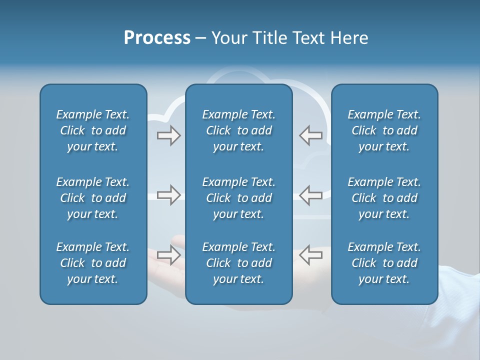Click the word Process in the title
(x=157, y=38)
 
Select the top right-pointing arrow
(x=169, y=135)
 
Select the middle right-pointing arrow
(x=169, y=195)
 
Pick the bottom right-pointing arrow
(x=169, y=254)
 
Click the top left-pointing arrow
(x=311, y=135)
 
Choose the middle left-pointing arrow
(x=311, y=195)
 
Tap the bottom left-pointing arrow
(x=311, y=254)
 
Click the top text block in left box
(x=93, y=130)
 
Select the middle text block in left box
(x=93, y=198)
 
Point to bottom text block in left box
(x=93, y=263)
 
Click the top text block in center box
(x=239, y=130)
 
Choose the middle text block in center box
(x=239, y=198)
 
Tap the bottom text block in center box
(x=239, y=263)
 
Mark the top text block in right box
(x=384, y=130)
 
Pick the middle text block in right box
(x=384, y=198)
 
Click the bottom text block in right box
(x=384, y=263)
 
